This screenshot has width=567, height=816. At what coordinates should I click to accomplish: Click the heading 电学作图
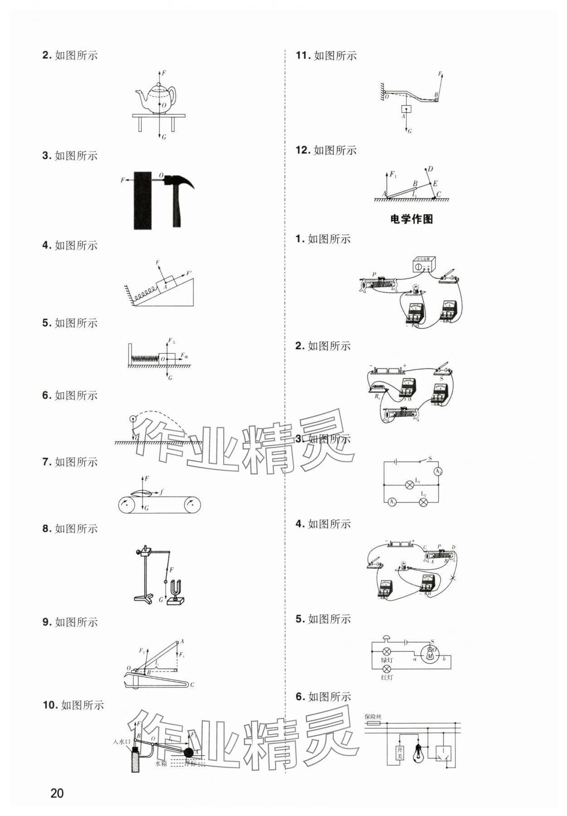pyautogui.click(x=411, y=219)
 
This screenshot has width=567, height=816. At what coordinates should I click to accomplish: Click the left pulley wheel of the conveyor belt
pyautogui.click(x=127, y=505)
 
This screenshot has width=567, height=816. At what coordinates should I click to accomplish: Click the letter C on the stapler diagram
pyautogui.click(x=192, y=684)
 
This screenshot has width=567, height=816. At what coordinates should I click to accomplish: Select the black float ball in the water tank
pyautogui.click(x=187, y=752)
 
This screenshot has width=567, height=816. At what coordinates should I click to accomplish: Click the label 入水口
pyautogui.click(x=122, y=742)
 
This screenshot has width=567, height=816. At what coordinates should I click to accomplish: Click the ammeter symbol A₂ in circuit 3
pyautogui.click(x=438, y=472)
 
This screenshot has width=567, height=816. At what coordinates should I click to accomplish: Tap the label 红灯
pyautogui.click(x=387, y=677)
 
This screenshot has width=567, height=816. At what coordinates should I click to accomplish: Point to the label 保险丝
pyautogui.click(x=373, y=717)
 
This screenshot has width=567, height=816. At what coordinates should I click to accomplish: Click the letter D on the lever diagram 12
pyautogui.click(x=430, y=169)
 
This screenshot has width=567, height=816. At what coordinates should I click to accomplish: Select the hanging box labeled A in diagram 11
pyautogui.click(x=406, y=109)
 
